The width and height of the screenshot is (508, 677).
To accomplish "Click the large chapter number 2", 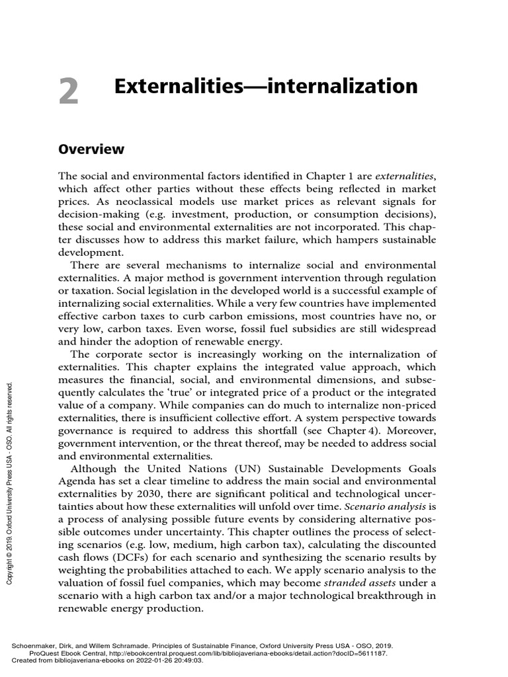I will [x=68, y=91].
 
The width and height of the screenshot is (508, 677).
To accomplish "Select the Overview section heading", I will [x=91, y=149].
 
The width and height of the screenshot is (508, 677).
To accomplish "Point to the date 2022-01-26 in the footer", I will [x=157, y=660].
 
